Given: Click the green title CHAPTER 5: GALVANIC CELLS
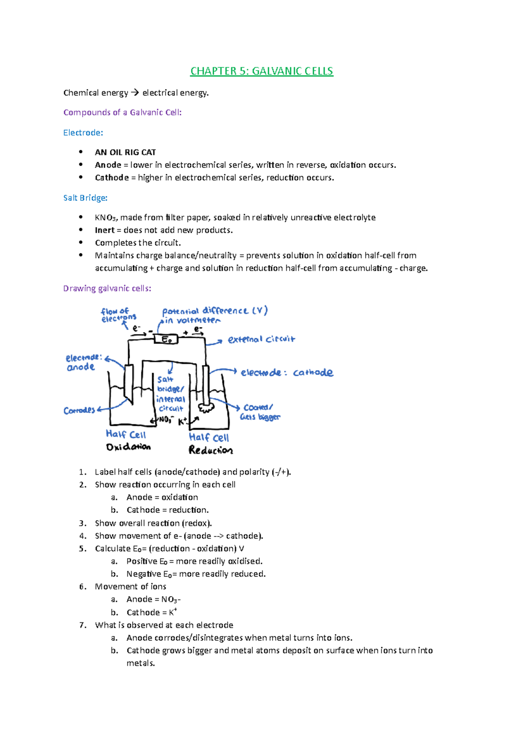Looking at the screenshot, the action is tap(261, 71).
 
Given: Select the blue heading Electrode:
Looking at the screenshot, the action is tap(83, 132).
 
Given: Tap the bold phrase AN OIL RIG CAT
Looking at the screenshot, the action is tap(125, 152).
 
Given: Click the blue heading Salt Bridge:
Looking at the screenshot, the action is tap(85, 198).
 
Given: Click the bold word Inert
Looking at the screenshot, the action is tap(105, 230).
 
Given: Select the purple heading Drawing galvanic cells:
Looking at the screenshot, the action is tap(107, 288).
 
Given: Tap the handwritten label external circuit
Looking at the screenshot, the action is tap(261, 339).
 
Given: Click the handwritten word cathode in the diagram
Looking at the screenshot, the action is tap(313, 373).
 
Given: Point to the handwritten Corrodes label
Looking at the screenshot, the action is tap(79, 410).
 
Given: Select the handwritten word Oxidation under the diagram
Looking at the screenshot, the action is tap(128, 447).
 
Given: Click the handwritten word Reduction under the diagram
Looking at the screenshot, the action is tap(211, 450).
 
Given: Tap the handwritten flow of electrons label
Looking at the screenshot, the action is tap(118, 315).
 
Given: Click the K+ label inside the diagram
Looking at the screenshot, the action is tap(183, 421).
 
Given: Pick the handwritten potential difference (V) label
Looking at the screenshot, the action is tap(214, 311).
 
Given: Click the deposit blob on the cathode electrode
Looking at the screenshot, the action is tap(206, 407).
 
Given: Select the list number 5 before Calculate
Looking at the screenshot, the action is tap(82, 548).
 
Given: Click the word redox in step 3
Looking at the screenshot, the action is tap(197, 523).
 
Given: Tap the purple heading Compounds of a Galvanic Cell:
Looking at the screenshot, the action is tap(122, 112).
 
